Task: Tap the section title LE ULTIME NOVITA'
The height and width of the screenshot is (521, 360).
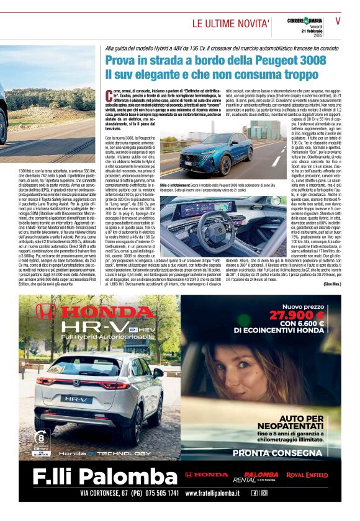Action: point(230,24)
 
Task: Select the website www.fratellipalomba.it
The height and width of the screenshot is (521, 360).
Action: point(211,493)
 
